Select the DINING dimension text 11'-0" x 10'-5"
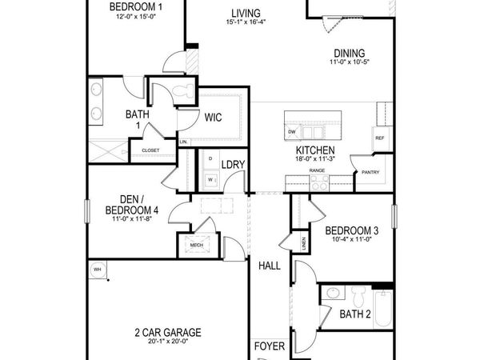point(350,62)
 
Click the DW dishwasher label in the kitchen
point(292,132)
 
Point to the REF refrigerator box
point(380,138)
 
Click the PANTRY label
point(370,172)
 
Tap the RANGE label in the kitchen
point(317,170)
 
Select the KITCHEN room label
point(314,150)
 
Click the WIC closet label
point(213,117)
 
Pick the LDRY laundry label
point(233,165)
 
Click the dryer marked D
point(210,159)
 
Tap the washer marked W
point(210,179)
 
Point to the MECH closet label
point(196,246)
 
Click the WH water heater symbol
point(98,268)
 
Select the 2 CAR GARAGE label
point(167,332)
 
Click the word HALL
point(269,266)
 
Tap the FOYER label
point(269,346)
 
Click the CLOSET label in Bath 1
point(150,150)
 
